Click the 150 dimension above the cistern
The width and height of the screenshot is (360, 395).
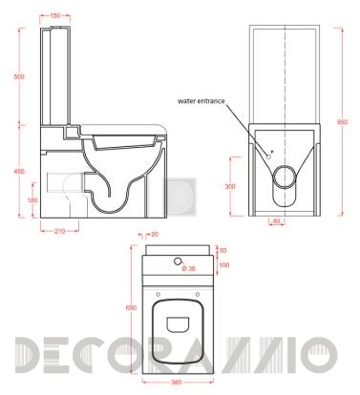tap(58, 15)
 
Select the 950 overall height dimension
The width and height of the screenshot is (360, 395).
tap(341, 122)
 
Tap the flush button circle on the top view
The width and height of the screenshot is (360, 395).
tap(180, 260)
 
